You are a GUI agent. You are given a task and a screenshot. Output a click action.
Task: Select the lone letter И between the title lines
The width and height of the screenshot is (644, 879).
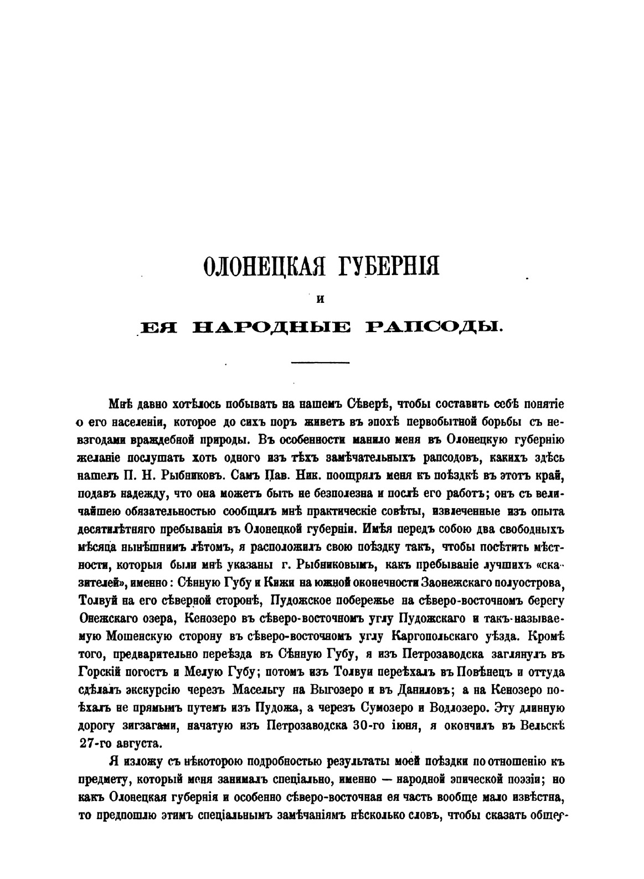320,300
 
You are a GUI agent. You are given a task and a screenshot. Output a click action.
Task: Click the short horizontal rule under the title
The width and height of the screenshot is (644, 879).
321,363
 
